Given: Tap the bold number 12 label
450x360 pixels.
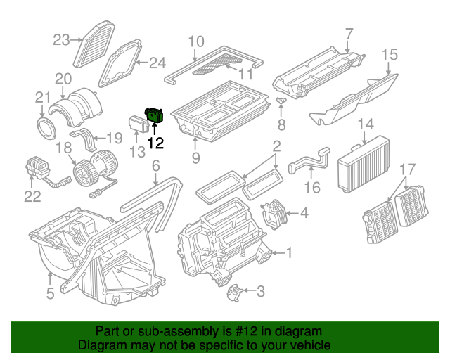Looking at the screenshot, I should click(155, 143).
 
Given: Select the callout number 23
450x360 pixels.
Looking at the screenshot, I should click(62, 39).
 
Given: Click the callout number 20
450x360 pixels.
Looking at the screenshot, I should click(64, 78).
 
